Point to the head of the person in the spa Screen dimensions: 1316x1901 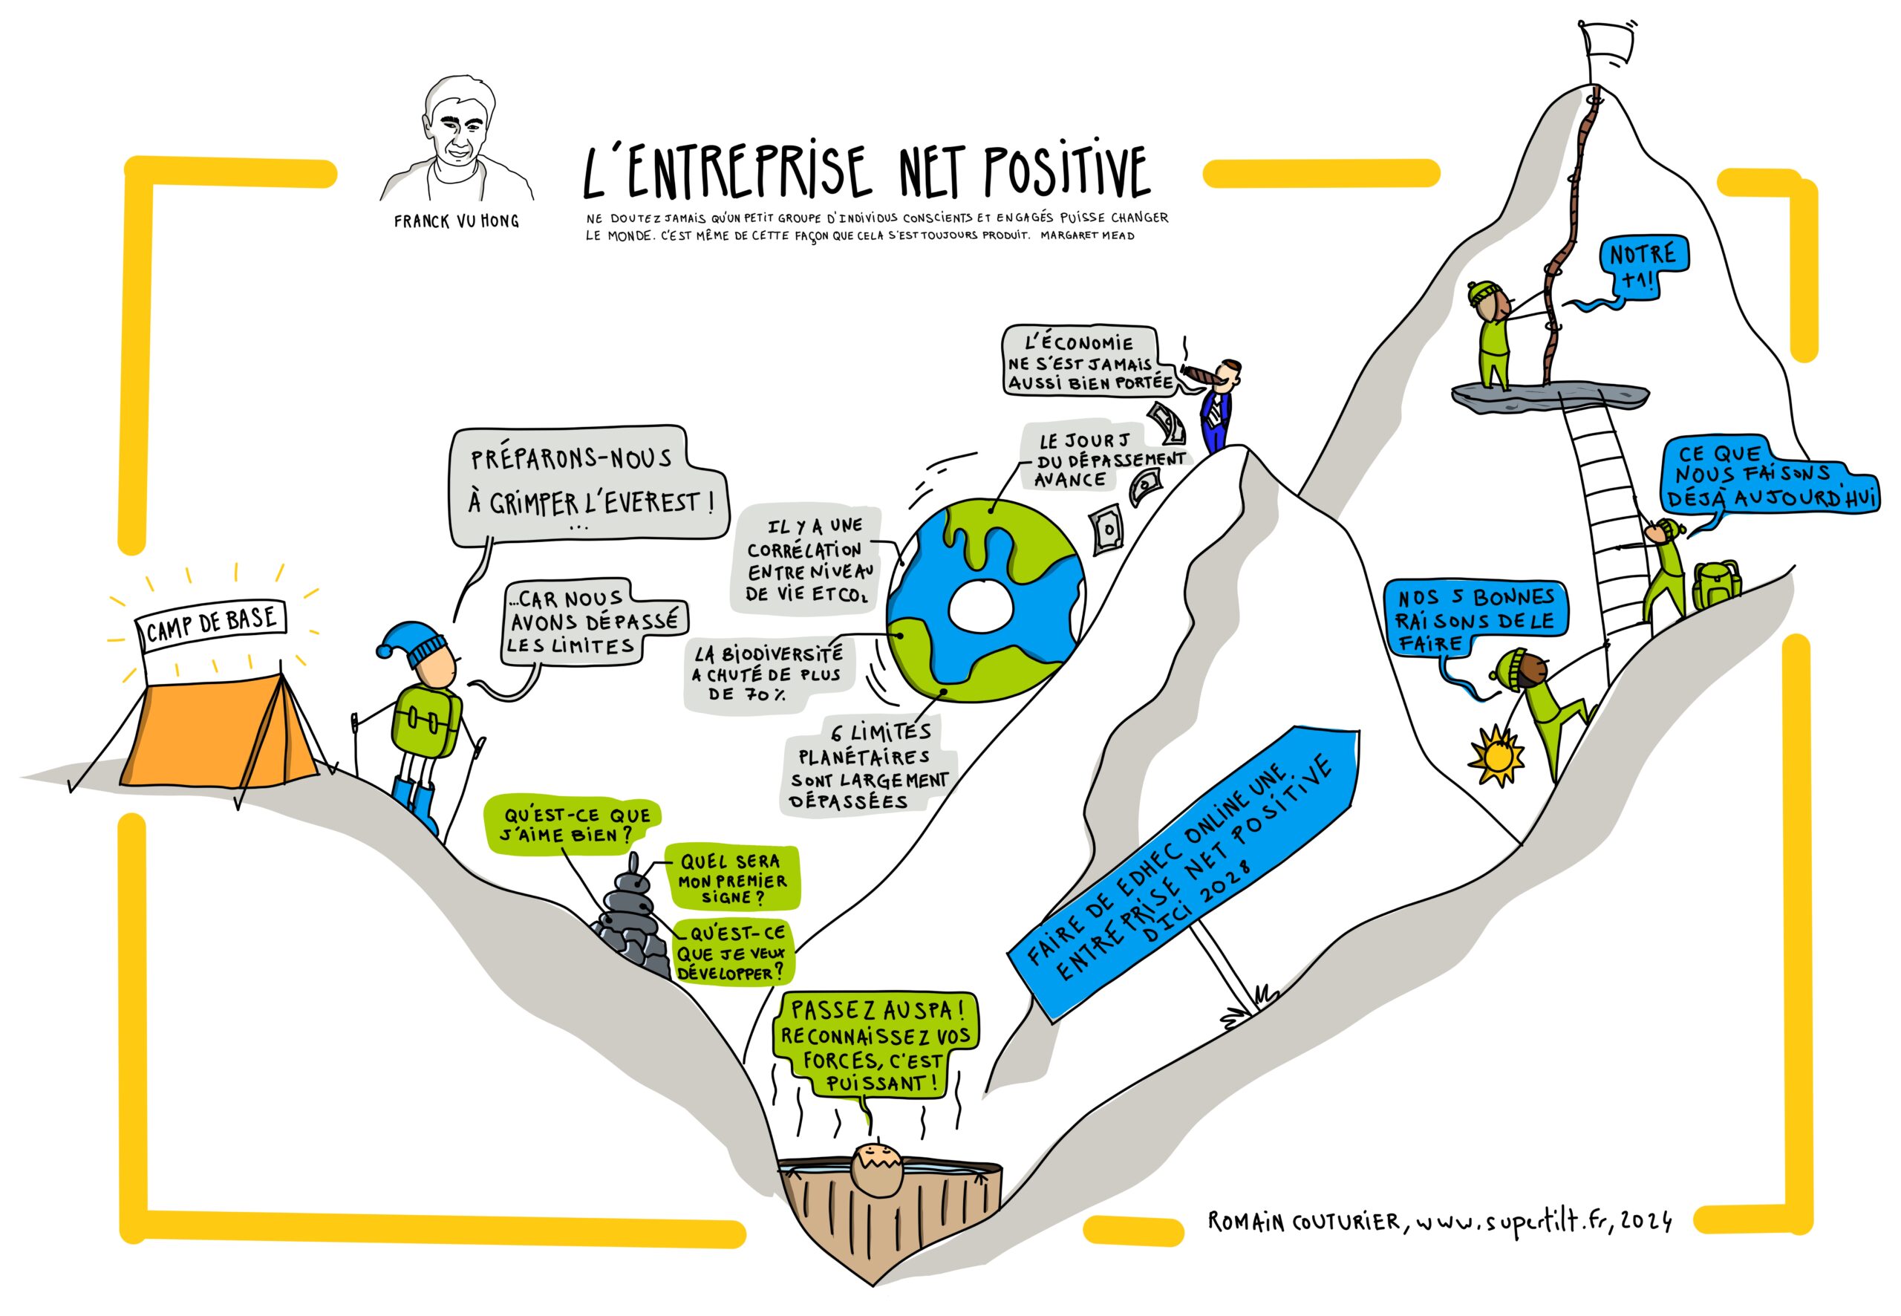tap(878, 1168)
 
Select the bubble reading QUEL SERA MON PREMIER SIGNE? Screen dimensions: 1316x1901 tap(731, 878)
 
